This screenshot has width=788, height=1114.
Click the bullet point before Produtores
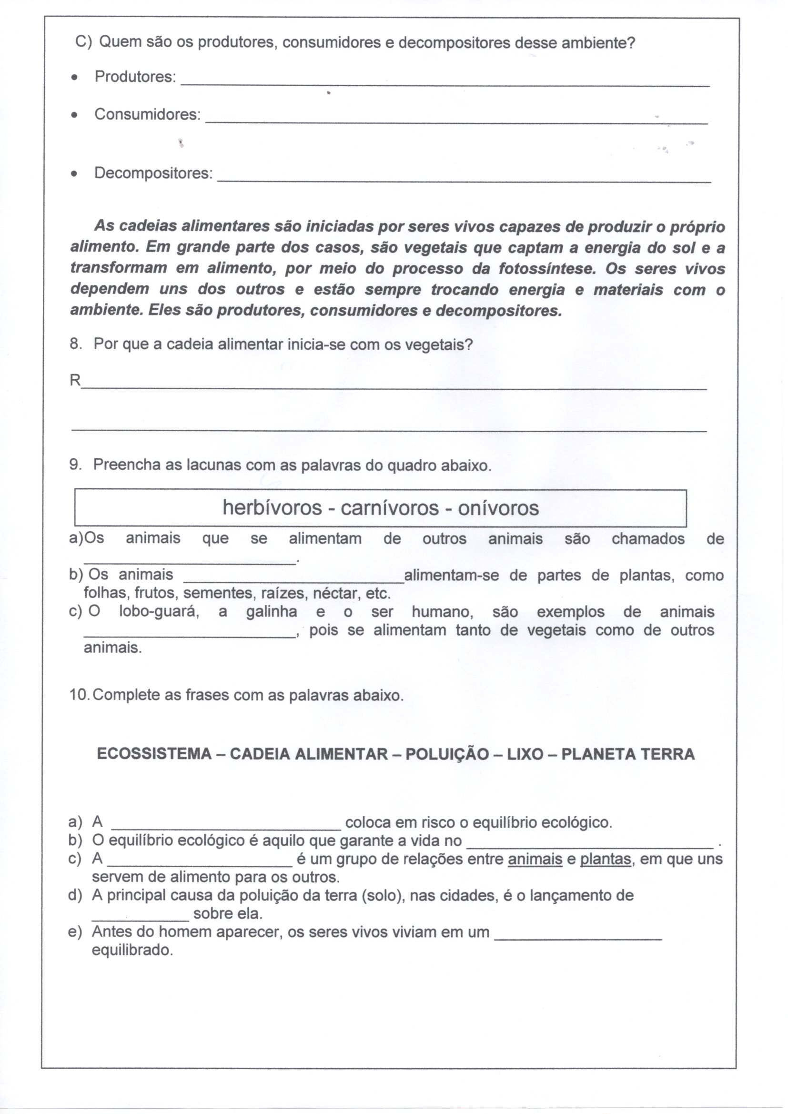tap(74, 78)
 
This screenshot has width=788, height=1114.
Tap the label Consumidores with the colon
tap(148, 114)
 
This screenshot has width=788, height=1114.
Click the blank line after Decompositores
tap(464, 181)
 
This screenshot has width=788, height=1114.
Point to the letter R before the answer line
tap(75, 380)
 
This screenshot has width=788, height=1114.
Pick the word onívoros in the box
tap(498, 508)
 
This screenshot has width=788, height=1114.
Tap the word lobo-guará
tap(159, 611)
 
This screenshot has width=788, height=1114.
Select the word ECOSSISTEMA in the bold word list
tap(154, 754)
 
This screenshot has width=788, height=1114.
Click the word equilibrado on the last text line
tap(132, 950)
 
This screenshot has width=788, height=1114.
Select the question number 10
tap(80, 695)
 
